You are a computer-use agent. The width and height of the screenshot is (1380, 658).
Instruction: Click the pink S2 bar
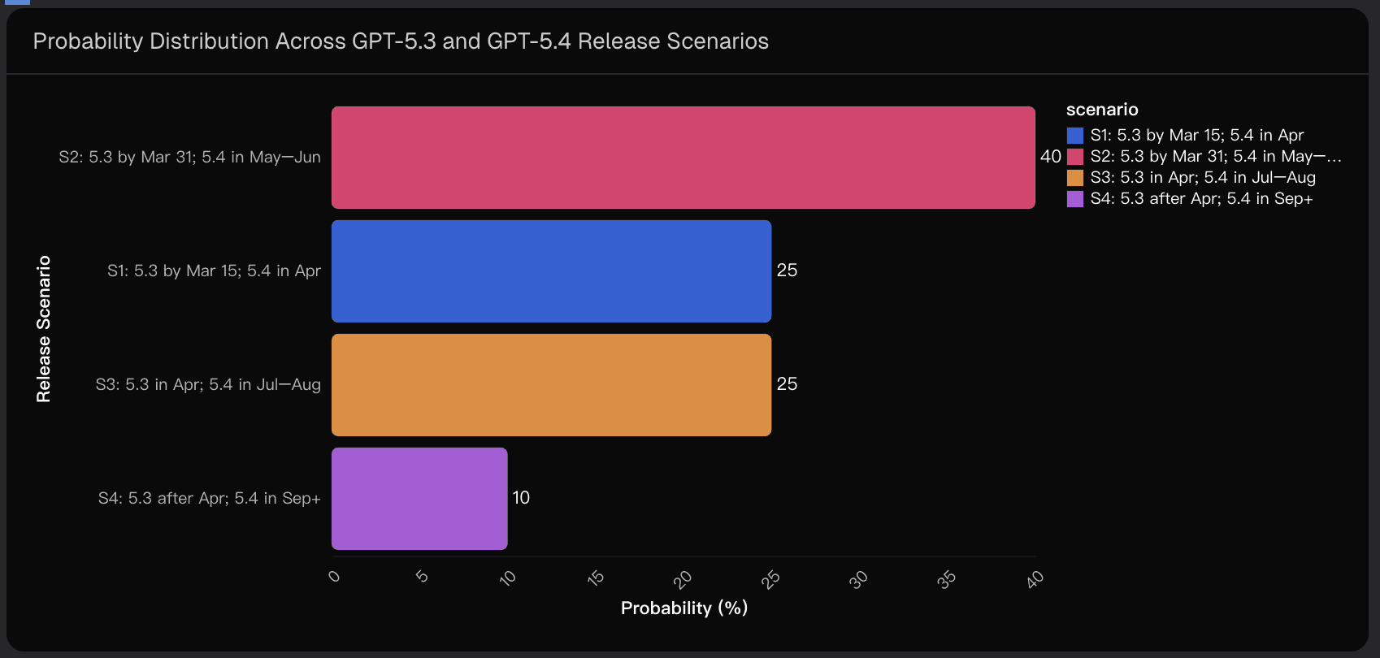point(683,158)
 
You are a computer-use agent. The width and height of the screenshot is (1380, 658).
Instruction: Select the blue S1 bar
point(551,271)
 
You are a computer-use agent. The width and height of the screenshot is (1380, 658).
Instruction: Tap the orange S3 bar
point(551,385)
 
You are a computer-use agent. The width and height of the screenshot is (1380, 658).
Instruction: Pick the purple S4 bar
point(419,499)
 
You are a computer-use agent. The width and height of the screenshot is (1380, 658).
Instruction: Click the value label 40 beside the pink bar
point(1050,157)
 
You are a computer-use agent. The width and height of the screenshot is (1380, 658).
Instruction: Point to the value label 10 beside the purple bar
point(521,498)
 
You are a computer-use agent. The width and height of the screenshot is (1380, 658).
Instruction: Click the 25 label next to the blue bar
point(787,271)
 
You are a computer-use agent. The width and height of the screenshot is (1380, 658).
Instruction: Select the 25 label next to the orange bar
point(787,384)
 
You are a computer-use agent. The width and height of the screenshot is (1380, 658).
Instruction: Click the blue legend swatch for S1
point(1075,136)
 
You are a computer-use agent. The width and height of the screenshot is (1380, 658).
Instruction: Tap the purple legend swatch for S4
point(1075,199)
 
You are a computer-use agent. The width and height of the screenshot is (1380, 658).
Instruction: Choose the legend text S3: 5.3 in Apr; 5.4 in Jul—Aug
point(1203,178)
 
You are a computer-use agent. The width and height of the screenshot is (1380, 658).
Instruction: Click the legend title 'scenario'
point(1102,110)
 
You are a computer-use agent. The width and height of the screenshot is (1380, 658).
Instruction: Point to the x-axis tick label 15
point(596,578)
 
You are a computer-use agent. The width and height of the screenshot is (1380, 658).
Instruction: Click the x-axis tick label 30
point(858,579)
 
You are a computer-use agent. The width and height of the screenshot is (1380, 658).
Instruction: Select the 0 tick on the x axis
point(334,576)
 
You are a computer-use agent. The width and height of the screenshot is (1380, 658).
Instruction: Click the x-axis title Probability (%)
point(684,608)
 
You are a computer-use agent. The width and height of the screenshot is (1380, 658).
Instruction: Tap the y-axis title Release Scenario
point(44,329)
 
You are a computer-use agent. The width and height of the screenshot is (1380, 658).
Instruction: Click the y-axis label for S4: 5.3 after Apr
point(209,499)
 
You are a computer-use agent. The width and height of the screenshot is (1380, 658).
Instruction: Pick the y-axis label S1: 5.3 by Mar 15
point(214,271)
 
